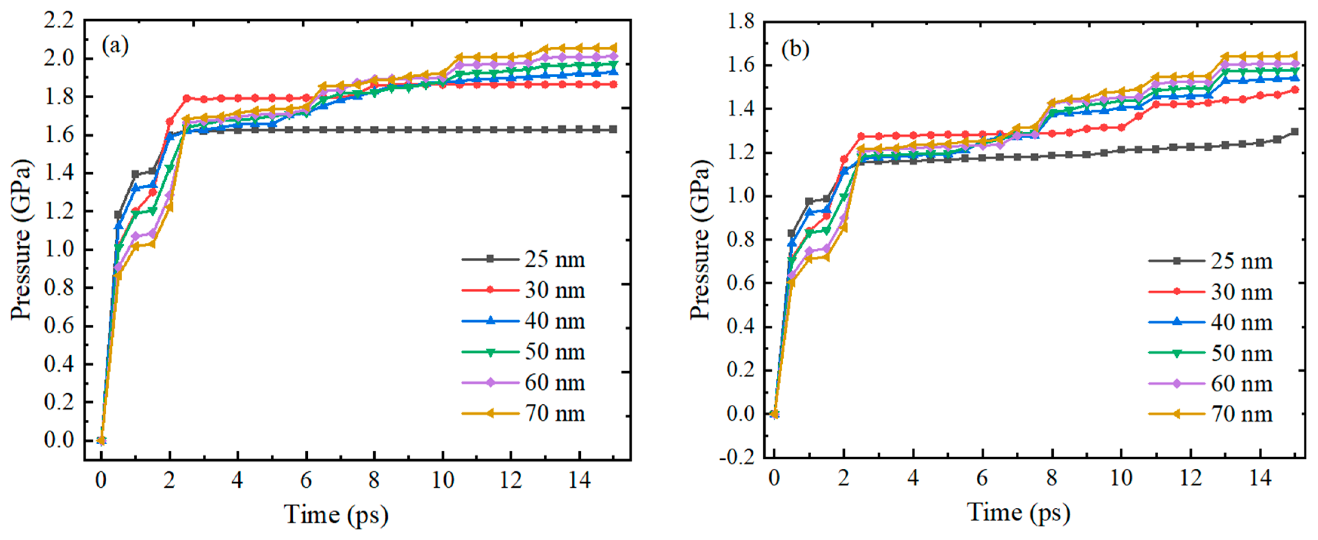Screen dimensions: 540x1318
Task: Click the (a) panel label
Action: pyautogui.click(x=115, y=46)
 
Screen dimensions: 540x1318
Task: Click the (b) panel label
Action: pyautogui.click(x=795, y=49)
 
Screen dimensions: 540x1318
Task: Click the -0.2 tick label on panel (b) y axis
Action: pyautogui.click(x=737, y=457)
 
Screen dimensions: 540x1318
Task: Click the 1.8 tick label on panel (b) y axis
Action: pyautogui.click(x=740, y=21)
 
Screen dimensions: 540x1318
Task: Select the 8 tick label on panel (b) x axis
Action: pyautogui.click(x=1051, y=478)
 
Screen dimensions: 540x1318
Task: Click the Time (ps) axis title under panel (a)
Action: pyautogui.click(x=336, y=514)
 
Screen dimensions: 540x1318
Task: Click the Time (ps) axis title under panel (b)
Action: pyautogui.click(x=1018, y=512)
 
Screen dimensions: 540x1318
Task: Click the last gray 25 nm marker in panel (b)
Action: pyautogui.click(x=1295, y=132)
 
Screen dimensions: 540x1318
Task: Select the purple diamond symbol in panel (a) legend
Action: pyautogui.click(x=490, y=382)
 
